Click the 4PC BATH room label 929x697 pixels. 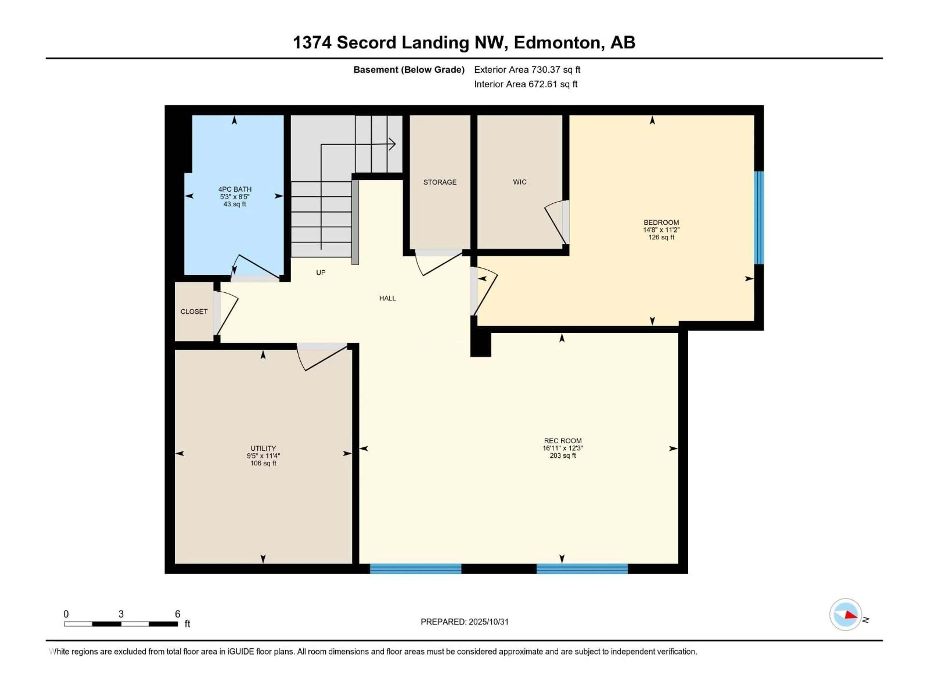coord(235,189)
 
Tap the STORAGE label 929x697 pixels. coord(440,182)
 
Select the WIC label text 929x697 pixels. coord(519,182)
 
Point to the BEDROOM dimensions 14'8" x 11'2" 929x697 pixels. coord(661,230)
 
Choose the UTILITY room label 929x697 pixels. coord(263,448)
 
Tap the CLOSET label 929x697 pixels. coord(194,311)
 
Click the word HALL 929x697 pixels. coord(387,298)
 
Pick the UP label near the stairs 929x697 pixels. coord(321,272)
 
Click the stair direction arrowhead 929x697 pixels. coord(392,144)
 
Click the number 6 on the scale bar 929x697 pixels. coord(178,614)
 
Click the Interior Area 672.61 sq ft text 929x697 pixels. coord(525,84)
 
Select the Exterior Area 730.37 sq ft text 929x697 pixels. coord(527,70)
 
